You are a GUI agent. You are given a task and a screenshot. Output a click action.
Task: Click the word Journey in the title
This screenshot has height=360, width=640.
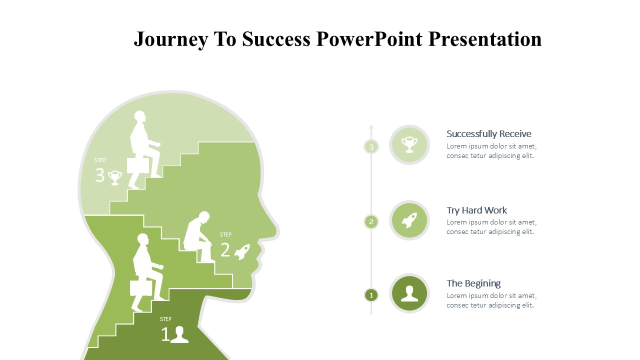(171, 39)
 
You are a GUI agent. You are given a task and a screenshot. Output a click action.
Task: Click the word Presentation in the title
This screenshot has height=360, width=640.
(485, 39)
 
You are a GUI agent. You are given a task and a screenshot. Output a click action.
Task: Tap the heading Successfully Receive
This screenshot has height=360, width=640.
(488, 133)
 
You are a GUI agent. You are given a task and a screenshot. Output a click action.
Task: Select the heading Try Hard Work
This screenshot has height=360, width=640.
(476, 210)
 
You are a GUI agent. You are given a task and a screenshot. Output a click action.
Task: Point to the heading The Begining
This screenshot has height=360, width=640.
(473, 283)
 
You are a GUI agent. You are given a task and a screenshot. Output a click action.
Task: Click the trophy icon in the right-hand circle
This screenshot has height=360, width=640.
(409, 145)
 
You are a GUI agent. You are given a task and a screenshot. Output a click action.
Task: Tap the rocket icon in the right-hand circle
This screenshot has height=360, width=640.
(409, 220)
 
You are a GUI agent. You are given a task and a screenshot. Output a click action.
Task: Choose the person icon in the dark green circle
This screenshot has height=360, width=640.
(409, 293)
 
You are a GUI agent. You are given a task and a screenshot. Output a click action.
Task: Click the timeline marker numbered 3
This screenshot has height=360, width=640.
(371, 147)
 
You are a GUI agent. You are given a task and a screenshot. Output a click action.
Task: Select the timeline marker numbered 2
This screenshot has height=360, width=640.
(371, 221)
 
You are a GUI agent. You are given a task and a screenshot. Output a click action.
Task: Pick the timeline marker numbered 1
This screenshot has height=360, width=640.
(371, 295)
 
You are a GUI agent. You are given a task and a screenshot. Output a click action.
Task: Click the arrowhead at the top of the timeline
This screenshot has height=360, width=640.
(371, 126)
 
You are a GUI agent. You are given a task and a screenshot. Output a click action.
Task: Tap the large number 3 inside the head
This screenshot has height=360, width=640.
(99, 175)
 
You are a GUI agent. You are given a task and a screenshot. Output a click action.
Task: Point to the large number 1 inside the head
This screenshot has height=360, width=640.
(165, 334)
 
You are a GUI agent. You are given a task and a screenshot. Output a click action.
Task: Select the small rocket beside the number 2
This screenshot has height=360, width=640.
(242, 252)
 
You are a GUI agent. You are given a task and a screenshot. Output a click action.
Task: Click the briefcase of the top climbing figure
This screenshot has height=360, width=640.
(137, 165)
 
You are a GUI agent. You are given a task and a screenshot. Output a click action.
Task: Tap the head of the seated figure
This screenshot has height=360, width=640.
(204, 217)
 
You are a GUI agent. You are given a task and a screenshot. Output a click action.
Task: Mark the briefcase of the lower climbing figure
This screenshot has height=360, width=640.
(141, 288)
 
